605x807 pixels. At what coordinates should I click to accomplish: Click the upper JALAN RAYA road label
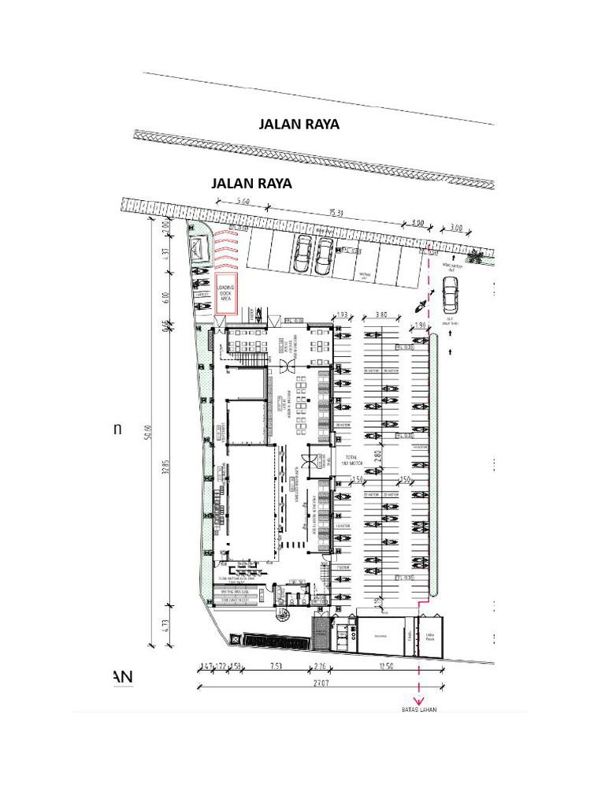[299, 125]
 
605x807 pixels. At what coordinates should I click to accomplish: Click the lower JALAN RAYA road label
[252, 184]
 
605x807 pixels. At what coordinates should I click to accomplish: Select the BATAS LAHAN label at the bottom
[418, 709]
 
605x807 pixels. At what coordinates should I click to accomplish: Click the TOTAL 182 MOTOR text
[351, 461]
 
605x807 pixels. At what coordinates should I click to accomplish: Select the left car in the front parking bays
[301, 254]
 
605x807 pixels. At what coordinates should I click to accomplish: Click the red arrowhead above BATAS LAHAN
[418, 700]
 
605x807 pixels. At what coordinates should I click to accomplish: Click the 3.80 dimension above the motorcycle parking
[380, 314]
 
